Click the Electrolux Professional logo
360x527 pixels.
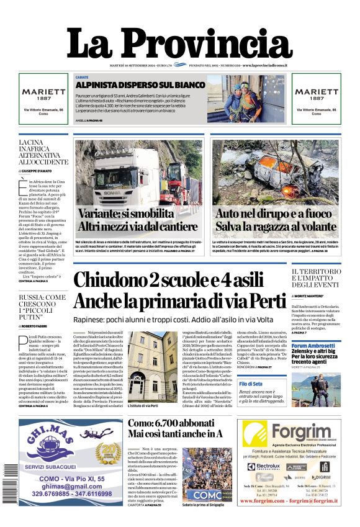pos(264,466)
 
